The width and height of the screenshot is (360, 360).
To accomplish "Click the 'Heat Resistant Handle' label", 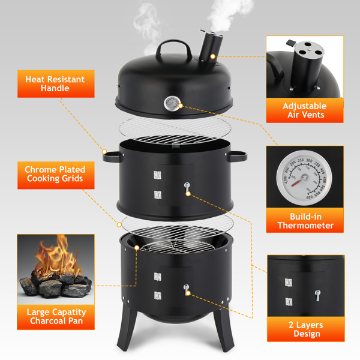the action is (55, 84).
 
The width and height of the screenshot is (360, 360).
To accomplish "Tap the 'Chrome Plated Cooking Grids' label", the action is (55, 174).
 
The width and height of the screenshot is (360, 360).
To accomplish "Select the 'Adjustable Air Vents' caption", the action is (305, 110).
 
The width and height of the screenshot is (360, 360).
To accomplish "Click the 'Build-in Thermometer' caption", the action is (305, 221).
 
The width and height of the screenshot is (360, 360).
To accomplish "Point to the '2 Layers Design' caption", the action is (306, 329).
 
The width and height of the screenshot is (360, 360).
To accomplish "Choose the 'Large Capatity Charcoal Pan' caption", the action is (56, 316).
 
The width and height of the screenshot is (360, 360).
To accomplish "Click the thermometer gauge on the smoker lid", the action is (172, 104).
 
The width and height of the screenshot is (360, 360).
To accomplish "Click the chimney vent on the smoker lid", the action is (211, 47).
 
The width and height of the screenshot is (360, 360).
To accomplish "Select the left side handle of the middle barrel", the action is (113, 157).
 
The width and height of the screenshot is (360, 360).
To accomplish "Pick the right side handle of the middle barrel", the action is (237, 156).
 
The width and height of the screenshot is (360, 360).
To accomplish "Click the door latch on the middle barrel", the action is (187, 188).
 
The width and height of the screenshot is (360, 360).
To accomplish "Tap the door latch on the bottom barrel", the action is (187, 289).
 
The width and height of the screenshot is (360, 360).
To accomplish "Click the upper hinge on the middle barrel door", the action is (157, 175).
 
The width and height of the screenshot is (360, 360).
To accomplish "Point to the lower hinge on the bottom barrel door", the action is (157, 296).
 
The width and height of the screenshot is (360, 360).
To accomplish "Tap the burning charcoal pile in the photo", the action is (56, 275).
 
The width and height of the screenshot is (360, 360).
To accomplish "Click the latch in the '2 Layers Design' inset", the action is (317, 295).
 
